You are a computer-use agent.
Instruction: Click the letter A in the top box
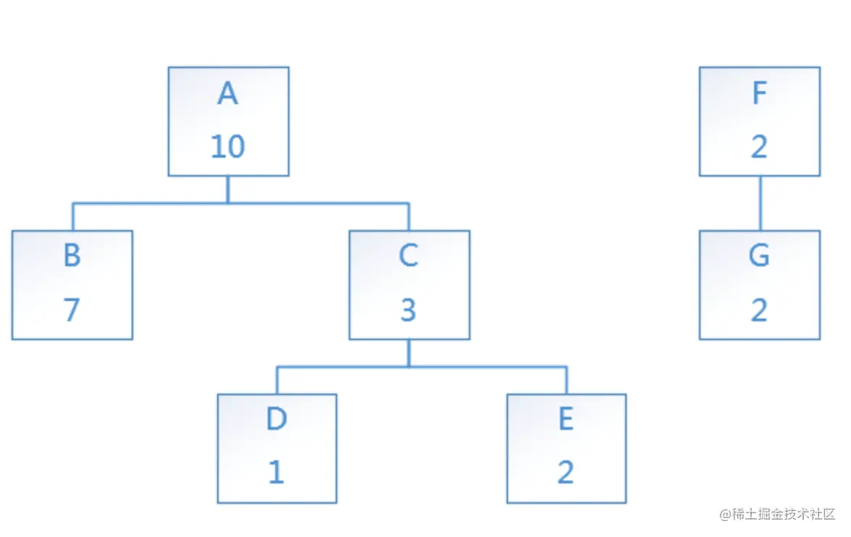(x=228, y=93)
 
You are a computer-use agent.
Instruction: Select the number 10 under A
(x=228, y=147)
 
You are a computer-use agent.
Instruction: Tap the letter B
(x=72, y=255)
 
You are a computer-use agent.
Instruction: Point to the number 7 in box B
(x=72, y=310)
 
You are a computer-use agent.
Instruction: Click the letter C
(x=409, y=255)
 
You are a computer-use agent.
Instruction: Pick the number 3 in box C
(x=408, y=310)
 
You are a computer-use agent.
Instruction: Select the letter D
(x=276, y=418)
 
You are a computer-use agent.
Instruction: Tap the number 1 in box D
(x=276, y=472)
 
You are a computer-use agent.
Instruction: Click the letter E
(x=566, y=418)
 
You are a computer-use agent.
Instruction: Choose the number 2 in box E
(x=566, y=472)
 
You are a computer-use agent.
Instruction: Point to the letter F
(x=759, y=93)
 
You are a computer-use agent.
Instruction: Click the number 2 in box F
(x=759, y=147)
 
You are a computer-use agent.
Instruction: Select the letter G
(x=759, y=255)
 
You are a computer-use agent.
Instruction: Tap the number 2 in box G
(x=759, y=310)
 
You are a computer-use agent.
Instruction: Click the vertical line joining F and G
(x=761, y=203)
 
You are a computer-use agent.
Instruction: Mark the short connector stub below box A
(x=228, y=190)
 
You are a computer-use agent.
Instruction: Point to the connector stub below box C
(x=409, y=353)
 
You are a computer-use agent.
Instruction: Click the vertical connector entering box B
(x=72, y=216)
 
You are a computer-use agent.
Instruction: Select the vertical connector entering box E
(x=567, y=380)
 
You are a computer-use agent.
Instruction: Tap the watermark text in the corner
(x=777, y=514)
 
